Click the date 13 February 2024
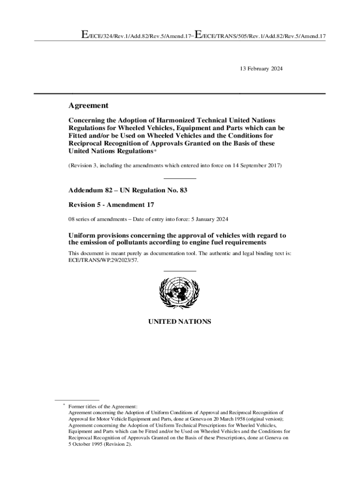coord(261,69)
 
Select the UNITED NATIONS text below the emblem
coord(180,322)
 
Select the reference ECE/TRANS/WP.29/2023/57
coord(103,260)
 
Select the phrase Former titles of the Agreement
coord(102,406)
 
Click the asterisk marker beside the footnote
coord(64,406)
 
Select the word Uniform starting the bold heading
coord(82,235)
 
